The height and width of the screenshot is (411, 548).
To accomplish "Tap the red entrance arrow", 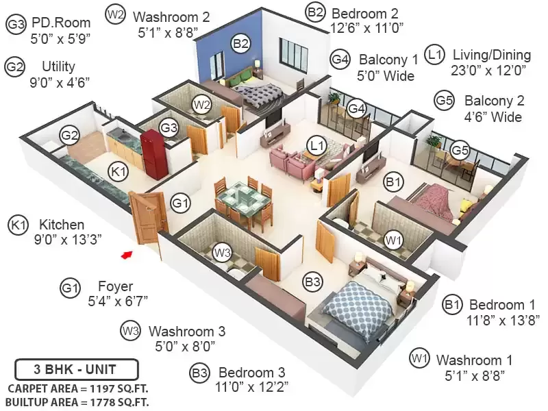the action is [127, 255].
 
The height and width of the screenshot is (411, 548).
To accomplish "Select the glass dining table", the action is [244, 199].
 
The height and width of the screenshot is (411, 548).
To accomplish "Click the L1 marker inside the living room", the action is [316, 145].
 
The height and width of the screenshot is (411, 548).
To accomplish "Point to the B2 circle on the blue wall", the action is [241, 44].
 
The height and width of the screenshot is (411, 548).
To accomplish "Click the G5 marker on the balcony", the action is [459, 150].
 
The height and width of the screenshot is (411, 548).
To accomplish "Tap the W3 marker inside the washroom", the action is [222, 252].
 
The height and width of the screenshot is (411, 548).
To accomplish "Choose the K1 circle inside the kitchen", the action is [119, 172].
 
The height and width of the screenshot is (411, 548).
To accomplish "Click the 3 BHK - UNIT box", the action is [77, 369].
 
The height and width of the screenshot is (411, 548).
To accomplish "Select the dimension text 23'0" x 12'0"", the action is [488, 71].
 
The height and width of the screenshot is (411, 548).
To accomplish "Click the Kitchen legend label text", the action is [62, 225].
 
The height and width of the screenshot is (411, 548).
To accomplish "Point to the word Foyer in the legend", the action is [115, 286].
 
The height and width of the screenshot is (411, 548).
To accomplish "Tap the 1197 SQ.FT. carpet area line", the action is [78, 388].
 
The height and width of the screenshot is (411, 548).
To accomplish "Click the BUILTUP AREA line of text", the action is [77, 402].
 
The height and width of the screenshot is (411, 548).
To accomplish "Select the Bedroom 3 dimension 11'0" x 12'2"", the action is [251, 387].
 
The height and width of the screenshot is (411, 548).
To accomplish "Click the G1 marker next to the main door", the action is [180, 203].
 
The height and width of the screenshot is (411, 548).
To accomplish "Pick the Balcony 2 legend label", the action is [494, 101].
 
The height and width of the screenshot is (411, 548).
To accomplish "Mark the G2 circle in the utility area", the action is [69, 135].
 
